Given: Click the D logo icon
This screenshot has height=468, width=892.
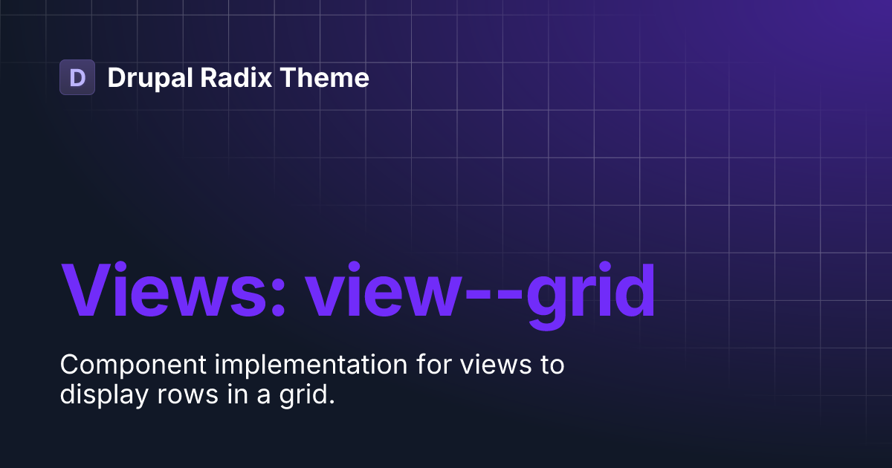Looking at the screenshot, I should click(x=77, y=77).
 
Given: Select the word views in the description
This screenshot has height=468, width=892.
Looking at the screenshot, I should click(x=495, y=365).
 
